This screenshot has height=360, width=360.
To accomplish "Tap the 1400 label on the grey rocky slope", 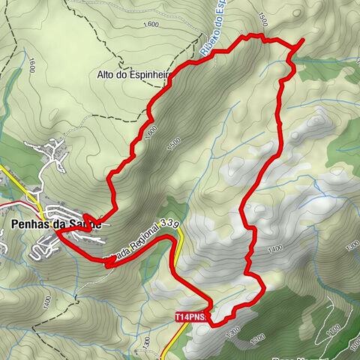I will pyautogui.click(x=274, y=247).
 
